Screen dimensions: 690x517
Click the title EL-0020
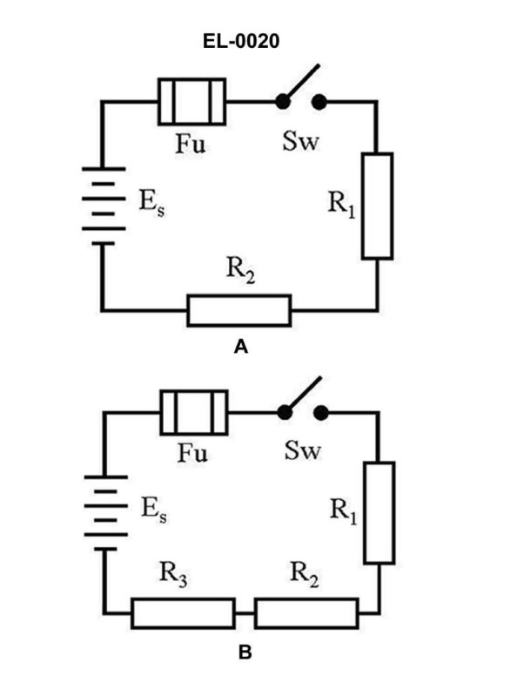tap(243, 41)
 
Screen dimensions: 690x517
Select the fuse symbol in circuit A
tap(191, 102)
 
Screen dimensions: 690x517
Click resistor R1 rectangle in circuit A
tap(377, 206)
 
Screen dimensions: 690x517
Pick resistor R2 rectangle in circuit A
tap(238, 310)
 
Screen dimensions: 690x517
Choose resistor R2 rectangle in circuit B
tap(307, 612)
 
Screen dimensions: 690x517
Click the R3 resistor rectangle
tap(183, 612)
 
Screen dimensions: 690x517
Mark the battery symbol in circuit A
tap(104, 206)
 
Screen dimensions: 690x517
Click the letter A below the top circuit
tap(242, 348)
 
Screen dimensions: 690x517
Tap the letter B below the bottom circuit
tap(245, 650)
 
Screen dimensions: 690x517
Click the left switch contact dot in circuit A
tap(283, 102)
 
